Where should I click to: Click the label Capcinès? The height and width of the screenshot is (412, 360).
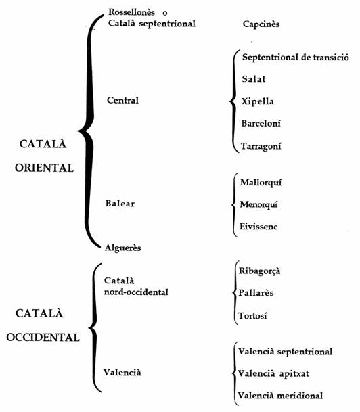[261, 24]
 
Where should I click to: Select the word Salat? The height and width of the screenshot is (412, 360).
[254, 79]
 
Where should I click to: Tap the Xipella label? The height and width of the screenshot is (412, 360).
[258, 101]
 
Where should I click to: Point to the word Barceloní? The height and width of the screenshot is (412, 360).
[261, 123]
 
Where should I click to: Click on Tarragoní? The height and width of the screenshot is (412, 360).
[261, 146]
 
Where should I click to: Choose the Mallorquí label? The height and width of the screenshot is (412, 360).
[261, 183]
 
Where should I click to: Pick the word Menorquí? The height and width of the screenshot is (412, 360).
[258, 205]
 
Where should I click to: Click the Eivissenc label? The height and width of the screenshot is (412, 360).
[258, 227]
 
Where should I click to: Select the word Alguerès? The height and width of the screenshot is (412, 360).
[122, 248]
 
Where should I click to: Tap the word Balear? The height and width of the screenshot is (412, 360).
[120, 204]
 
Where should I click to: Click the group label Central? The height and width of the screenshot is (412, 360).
[122, 100]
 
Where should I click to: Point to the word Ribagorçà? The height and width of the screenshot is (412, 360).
[259, 271]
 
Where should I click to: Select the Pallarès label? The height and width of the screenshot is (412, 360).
[256, 293]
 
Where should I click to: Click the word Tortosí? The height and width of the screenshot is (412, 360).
[252, 315]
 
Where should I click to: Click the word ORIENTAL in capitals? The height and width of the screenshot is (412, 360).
[44, 168]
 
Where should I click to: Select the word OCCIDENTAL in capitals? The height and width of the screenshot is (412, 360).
[43, 338]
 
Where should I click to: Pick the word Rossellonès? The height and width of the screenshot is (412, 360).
[132, 12]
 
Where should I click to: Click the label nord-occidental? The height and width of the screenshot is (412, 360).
[136, 292]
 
